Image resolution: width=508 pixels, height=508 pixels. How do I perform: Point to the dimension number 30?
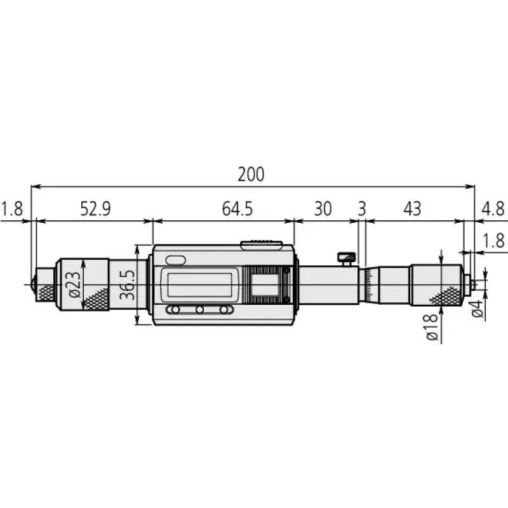(323, 209)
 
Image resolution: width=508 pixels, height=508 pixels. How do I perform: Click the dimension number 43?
(412, 209)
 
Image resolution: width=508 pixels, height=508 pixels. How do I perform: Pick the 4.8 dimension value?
(493, 209)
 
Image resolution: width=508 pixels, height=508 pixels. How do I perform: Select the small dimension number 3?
(362, 209)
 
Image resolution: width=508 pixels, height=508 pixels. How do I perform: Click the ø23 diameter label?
(72, 284)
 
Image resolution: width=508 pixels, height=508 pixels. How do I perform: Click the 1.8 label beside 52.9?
(11, 209)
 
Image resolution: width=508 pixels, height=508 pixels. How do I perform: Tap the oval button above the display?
(174, 260)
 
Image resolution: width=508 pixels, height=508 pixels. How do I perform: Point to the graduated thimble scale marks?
(368, 284)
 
